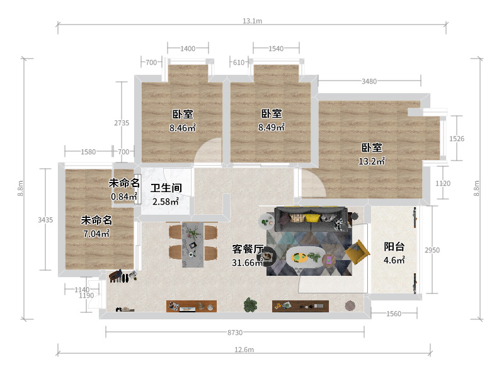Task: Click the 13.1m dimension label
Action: pyautogui.click(x=253, y=21)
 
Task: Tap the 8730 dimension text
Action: pyautogui.click(x=235, y=332)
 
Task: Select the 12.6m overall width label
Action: pyautogui.click(x=244, y=349)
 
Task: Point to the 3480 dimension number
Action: pyautogui.click(x=369, y=81)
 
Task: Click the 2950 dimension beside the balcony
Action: pyautogui.click(x=432, y=250)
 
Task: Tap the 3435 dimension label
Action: pyautogui.click(x=45, y=220)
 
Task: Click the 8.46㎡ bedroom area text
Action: pyautogui.click(x=183, y=127)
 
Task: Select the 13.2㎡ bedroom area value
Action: pyautogui.click(x=372, y=161)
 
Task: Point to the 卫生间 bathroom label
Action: pyautogui.click(x=166, y=188)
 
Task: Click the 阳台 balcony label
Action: pyautogui.click(x=394, y=247)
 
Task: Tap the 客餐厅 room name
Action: pyautogui.click(x=248, y=249)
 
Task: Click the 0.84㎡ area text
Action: pyautogui.click(x=124, y=196)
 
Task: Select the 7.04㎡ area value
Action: pyautogui.click(x=96, y=234)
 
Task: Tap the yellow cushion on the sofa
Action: pyautogui.click(x=312, y=218)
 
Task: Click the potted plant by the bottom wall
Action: pyautogui.click(x=250, y=304)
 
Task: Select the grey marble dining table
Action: pyautogui.click(x=193, y=244)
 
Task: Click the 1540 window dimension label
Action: pyautogui.click(x=276, y=48)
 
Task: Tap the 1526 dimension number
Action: pyautogui.click(x=457, y=139)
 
